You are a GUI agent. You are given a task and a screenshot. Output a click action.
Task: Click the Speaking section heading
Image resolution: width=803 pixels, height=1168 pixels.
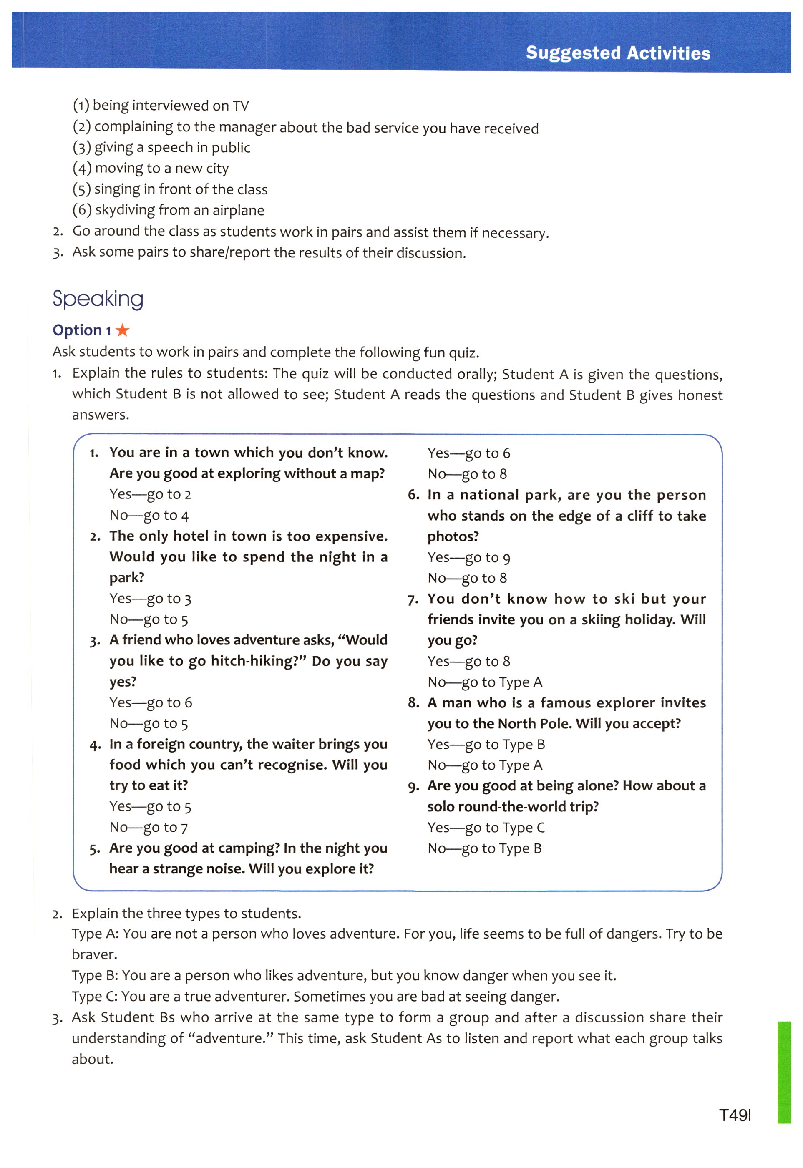tap(98, 299)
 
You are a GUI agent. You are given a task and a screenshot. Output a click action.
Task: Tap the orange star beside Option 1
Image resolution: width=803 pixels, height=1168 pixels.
tap(123, 330)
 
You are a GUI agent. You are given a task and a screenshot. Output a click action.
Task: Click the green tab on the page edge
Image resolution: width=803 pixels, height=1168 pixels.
tap(784, 1071)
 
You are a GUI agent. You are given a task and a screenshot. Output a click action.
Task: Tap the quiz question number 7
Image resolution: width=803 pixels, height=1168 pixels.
tap(413, 599)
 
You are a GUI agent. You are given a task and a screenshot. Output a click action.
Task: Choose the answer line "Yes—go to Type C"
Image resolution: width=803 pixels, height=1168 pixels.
tap(486, 828)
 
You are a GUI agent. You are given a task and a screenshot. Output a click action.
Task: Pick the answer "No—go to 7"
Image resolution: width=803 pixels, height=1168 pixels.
tap(149, 828)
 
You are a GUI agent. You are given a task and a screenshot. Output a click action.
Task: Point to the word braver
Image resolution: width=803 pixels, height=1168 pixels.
tap(93, 955)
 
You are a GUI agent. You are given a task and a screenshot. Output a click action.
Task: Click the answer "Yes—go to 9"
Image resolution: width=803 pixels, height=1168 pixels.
tap(468, 558)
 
